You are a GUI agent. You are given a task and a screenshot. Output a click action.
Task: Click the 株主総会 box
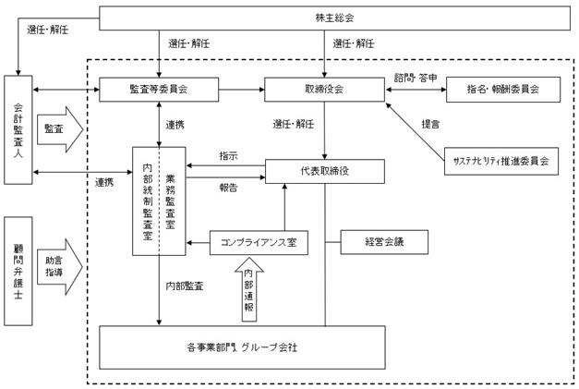334,18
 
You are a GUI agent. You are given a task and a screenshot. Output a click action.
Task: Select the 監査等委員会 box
159,89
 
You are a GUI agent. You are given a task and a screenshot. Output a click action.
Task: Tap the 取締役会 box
324,89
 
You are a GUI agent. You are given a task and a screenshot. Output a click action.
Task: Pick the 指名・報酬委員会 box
503,90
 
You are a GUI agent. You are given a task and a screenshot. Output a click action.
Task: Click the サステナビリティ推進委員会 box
501,161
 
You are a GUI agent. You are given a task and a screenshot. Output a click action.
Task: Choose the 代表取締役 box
325,172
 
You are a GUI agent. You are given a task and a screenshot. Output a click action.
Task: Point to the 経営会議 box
384,242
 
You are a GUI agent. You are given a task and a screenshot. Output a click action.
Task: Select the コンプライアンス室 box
259,243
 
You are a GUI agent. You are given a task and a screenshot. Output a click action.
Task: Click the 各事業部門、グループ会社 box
242,347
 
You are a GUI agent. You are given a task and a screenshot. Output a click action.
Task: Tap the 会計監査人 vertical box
18,129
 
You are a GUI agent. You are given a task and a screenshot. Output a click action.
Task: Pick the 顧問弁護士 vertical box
18,271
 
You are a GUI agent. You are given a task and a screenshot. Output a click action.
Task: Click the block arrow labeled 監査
60,129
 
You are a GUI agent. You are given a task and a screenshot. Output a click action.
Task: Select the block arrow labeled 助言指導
60,267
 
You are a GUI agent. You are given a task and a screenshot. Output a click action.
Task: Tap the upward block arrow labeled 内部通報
249,289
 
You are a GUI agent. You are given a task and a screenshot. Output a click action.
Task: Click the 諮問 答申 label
416,78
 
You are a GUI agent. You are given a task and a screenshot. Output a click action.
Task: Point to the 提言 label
430,124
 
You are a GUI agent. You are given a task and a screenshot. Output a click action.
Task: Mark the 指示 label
228,156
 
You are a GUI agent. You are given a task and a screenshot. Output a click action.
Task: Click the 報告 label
228,188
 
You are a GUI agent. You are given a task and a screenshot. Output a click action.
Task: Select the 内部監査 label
185,286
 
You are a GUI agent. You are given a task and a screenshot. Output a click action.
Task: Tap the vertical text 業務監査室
170,201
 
